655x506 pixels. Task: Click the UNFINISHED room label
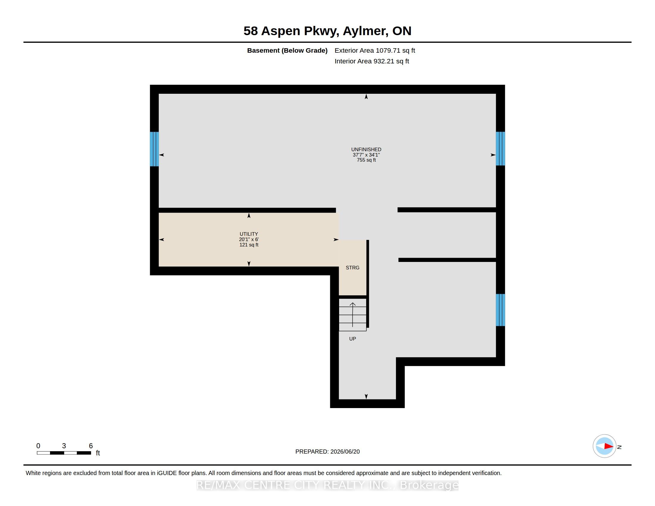coord(366,149)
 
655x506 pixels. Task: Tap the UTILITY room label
coord(249,234)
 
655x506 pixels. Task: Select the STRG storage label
coord(353,267)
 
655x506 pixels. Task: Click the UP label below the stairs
coord(353,339)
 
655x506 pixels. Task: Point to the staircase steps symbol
coord(353,314)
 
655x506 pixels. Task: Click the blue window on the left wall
coord(154,149)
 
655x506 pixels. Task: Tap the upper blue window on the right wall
coord(500,149)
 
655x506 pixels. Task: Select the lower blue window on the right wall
coord(500,310)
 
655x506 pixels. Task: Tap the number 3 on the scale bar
coord(64,446)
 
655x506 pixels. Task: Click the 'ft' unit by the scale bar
coord(98,453)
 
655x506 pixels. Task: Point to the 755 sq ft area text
coord(366,160)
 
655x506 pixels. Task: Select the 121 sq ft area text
coord(249,245)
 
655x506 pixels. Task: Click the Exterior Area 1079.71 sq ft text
coord(375,50)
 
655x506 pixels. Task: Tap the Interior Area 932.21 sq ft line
coord(372,61)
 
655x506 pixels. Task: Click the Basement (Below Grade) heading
coord(287,50)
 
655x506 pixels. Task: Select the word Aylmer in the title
coord(364,31)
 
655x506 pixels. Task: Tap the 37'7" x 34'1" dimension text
coord(366,155)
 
